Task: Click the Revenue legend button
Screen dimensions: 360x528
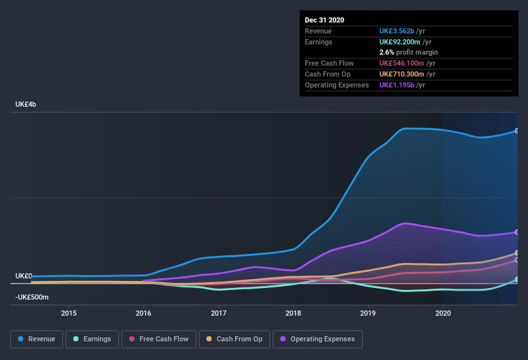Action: coord(36,339)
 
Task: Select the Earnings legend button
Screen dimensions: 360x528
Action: coord(92,339)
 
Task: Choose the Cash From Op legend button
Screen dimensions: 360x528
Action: coord(234,339)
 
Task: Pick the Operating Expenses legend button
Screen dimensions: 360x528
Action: coord(317,339)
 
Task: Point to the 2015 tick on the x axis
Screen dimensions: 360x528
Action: coord(69,313)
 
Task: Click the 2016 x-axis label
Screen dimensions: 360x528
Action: coord(143,313)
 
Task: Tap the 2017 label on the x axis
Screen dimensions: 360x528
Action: coord(219,313)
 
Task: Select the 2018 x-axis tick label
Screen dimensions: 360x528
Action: coord(293,313)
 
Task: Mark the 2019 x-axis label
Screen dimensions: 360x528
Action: coord(368,313)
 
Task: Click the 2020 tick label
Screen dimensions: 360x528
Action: coord(443,313)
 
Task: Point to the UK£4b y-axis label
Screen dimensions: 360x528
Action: coord(26,104)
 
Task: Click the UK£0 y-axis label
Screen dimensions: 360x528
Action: coord(23,276)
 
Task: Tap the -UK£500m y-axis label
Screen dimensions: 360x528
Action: coord(32,297)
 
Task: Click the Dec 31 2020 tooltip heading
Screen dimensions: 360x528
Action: coord(325,20)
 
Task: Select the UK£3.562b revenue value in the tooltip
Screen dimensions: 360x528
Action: coord(396,31)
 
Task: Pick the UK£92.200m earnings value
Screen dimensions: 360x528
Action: coord(399,41)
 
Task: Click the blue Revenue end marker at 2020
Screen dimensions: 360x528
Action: coord(517,130)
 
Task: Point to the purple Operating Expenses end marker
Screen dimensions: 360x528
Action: coord(517,232)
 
